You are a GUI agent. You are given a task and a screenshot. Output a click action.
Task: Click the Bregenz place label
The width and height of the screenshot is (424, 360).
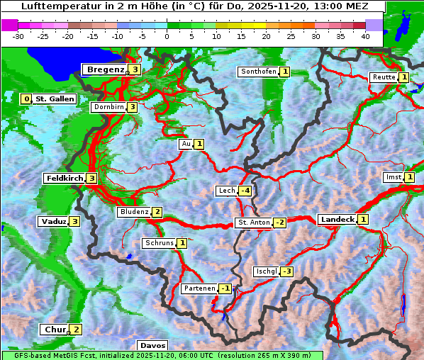106,69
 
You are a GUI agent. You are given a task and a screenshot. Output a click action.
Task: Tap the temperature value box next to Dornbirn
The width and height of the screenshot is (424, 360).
132,107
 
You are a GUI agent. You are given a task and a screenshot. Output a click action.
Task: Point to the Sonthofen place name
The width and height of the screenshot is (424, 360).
258,72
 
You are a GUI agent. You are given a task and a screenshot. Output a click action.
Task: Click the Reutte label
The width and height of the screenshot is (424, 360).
384,77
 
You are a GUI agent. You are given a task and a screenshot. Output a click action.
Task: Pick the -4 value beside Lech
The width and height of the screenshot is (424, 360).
245,191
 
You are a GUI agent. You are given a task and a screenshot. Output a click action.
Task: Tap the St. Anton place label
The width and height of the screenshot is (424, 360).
254,223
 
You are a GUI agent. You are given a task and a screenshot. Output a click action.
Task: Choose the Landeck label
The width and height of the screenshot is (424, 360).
337,220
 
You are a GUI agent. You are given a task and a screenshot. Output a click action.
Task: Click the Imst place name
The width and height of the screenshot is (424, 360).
392,177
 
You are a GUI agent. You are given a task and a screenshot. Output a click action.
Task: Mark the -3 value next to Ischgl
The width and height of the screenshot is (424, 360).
286,271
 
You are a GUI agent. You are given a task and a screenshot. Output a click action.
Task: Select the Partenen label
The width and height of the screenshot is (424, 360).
199,288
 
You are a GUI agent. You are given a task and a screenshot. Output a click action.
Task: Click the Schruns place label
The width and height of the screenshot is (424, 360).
159,243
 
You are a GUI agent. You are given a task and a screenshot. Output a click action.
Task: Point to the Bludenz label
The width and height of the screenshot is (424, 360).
134,212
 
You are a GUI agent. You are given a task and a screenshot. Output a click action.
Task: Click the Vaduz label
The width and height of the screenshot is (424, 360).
54,221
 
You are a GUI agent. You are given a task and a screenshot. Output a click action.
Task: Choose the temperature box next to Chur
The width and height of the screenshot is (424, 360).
76,330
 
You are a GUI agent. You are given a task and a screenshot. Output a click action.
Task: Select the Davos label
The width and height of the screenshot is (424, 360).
152,345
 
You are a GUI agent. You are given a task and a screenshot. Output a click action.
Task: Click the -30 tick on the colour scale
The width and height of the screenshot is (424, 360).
18,35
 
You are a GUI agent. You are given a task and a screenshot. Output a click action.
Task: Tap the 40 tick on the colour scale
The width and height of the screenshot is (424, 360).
365,35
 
